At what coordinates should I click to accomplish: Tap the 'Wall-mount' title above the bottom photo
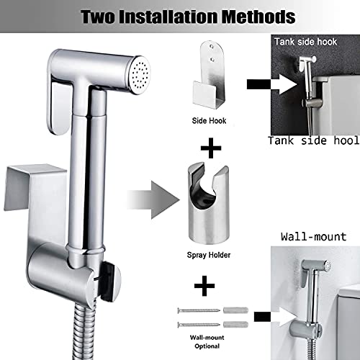click(x=315, y=236)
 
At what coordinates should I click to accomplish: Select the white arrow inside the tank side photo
click(x=295, y=85)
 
